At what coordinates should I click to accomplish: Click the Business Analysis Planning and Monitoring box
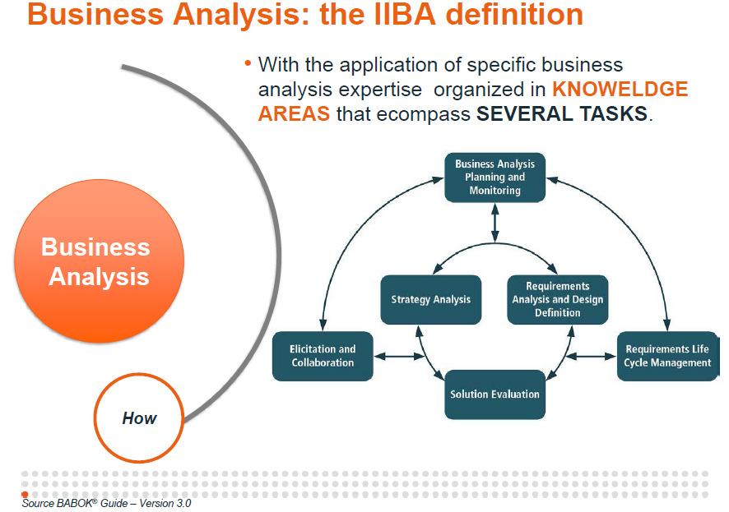point(495,178)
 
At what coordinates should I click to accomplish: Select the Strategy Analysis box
point(430,299)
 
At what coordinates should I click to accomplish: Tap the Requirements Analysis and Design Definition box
point(557,299)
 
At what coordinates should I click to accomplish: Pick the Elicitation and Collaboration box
point(323,356)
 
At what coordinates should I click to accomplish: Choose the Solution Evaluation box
point(495,394)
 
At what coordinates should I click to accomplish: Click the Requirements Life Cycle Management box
point(666,356)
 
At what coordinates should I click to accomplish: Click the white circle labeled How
point(139,417)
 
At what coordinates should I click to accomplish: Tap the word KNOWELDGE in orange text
point(620,90)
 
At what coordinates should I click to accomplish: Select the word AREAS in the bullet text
point(294,113)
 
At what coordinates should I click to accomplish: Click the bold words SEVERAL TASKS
point(562,113)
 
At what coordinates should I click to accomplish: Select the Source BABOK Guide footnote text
point(107,503)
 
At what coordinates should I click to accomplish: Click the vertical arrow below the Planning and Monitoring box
point(495,222)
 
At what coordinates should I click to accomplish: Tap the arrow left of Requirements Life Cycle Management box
point(591,356)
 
